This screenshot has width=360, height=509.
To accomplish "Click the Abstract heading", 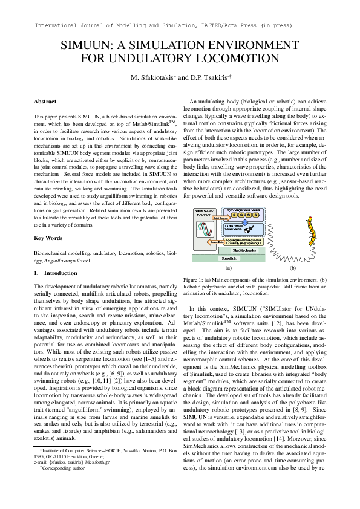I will (x=45, y=102).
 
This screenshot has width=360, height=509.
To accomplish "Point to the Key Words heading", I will (x=47, y=238).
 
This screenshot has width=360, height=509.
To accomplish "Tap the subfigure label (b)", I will (x=293, y=267).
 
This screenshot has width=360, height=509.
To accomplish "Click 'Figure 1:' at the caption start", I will (x=195, y=280).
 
